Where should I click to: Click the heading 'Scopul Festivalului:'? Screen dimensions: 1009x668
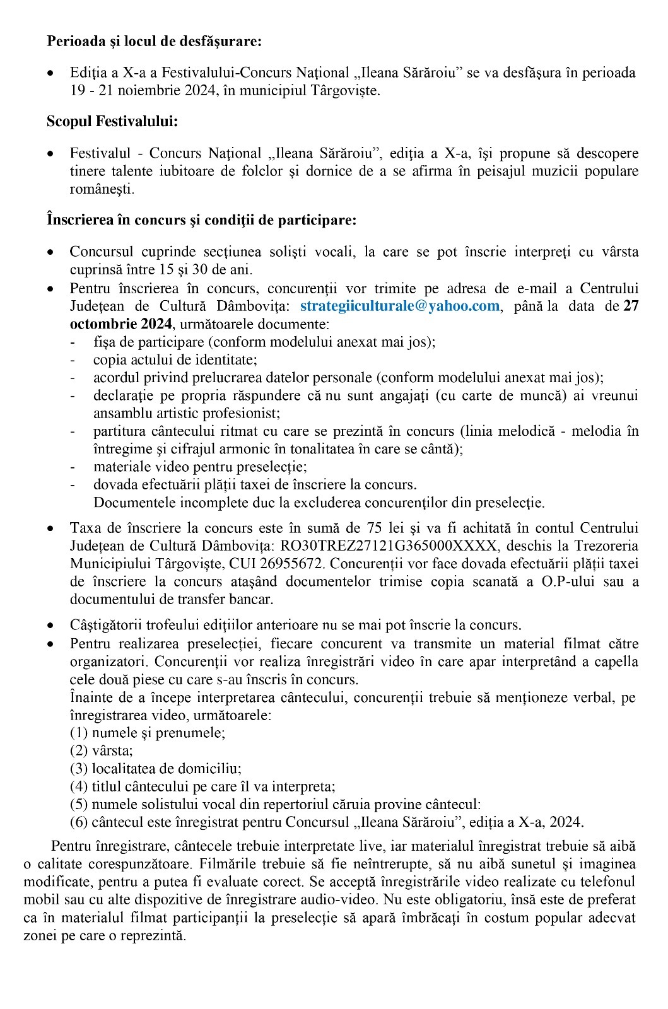click(112, 122)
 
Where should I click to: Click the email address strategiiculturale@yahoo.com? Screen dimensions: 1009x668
click(400, 306)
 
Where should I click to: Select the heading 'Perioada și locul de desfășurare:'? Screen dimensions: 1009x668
click(154, 42)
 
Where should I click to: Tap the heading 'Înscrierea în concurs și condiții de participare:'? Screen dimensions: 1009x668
click(202, 220)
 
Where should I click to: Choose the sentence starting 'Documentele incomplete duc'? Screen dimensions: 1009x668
click(319, 503)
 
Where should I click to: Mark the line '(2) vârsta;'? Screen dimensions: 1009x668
click(102, 750)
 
